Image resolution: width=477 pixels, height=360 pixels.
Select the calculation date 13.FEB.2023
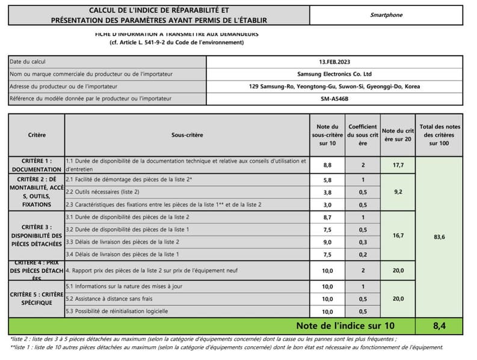334,61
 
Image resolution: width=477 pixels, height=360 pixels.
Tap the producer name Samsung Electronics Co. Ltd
334,74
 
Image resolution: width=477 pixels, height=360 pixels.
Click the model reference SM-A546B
334,99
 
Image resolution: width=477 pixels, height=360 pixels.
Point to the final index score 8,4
439,326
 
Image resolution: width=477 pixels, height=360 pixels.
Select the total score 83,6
439,237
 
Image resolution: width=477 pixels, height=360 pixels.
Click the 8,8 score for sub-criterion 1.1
327,165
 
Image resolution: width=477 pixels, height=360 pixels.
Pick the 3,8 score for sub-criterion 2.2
327,192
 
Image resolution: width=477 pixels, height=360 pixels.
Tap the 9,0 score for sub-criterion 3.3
327,242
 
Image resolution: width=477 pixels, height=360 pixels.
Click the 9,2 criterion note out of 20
398,192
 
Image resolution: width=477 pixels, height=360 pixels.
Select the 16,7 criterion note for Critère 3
398,236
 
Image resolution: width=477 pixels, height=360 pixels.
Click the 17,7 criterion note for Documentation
398,165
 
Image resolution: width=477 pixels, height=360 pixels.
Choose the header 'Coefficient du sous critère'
363,135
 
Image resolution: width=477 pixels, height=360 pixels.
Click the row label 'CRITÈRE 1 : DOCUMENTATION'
36,165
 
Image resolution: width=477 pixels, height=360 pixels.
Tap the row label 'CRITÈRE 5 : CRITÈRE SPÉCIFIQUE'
36,299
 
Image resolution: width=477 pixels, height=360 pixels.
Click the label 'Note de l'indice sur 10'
345,326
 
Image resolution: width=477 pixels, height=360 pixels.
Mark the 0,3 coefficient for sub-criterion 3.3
363,242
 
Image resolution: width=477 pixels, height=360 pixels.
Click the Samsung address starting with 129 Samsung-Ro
334,87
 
